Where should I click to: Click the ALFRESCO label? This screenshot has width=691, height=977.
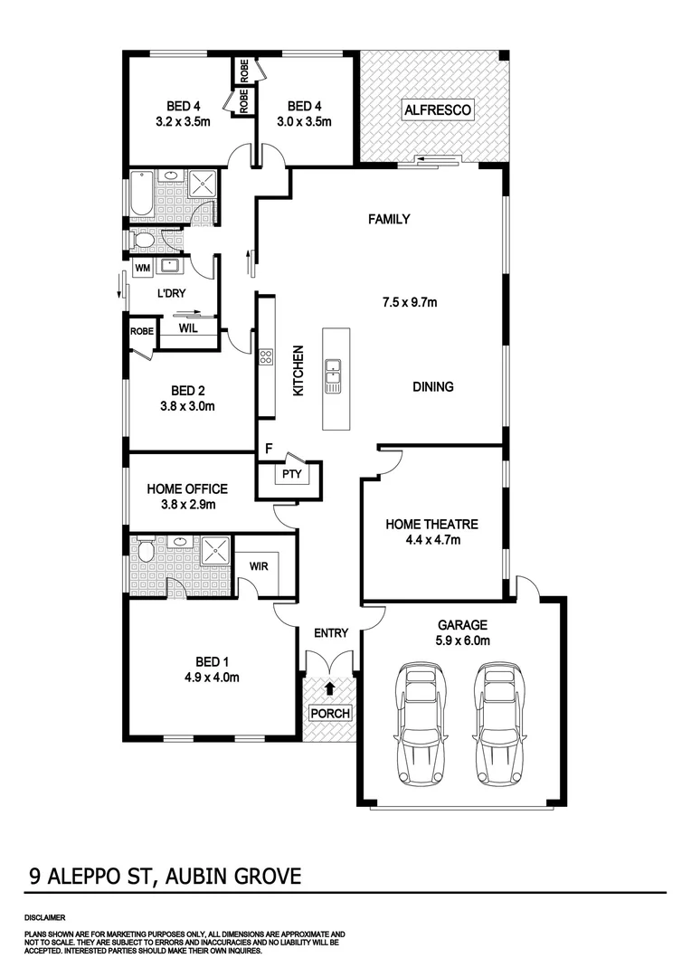[437, 110]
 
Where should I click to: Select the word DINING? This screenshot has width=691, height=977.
[433, 386]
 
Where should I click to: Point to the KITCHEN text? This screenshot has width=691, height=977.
[297, 370]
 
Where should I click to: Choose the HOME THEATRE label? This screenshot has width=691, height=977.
[431, 524]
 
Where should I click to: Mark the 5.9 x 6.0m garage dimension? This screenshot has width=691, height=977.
[463, 641]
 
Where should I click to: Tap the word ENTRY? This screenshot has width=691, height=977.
[330, 633]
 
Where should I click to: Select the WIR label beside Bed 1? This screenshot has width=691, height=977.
[261, 565]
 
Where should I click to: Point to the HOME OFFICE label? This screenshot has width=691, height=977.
[187, 489]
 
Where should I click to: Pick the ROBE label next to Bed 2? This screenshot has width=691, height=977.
[142, 331]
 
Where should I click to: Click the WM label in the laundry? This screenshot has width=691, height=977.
[142, 269]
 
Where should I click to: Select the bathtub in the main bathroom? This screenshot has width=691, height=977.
[142, 195]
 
